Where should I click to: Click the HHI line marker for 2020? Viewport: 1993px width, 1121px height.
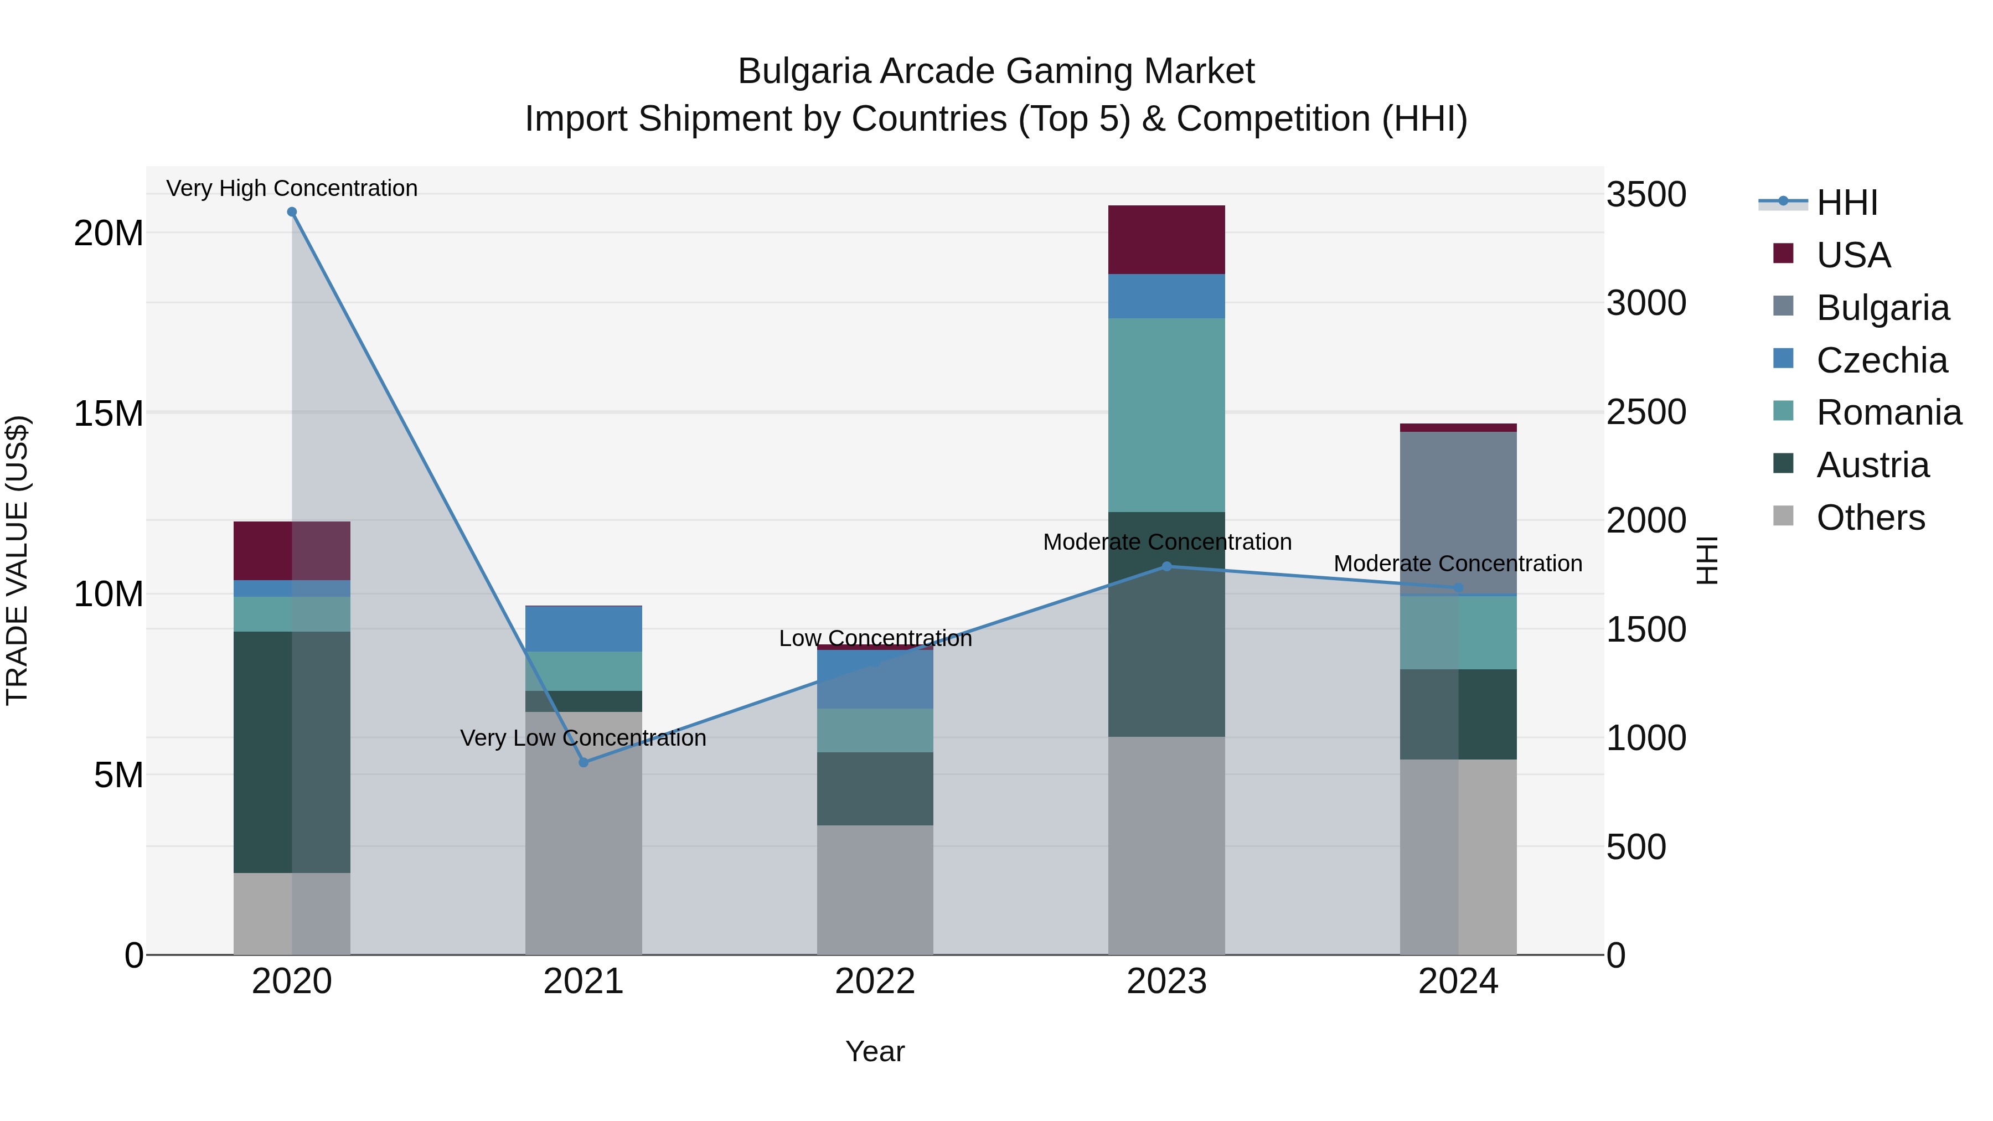coord(292,212)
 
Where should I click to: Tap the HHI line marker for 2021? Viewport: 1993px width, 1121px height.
coord(584,763)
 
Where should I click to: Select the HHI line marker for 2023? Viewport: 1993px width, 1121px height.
coord(1166,566)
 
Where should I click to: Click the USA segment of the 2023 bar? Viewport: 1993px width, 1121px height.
coord(1166,240)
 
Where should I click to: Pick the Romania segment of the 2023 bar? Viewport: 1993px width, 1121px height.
coord(1166,415)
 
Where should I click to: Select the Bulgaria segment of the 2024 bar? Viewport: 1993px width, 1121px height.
coord(1458,510)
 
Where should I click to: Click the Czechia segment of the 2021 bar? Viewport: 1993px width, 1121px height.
coord(584,629)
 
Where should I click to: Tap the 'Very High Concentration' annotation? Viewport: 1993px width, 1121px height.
coord(292,189)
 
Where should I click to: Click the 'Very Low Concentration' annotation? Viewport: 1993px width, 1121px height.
coord(584,738)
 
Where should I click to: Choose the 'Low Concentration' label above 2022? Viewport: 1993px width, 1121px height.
coord(875,639)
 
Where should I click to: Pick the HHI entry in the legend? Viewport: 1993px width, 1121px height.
coord(1846,203)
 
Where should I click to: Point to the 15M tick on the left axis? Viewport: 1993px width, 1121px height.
coord(109,414)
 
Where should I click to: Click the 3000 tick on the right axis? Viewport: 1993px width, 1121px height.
coord(1646,303)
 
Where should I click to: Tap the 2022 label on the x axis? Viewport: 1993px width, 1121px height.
coord(875,981)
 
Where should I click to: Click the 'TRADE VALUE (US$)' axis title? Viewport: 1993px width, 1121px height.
coord(18,560)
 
